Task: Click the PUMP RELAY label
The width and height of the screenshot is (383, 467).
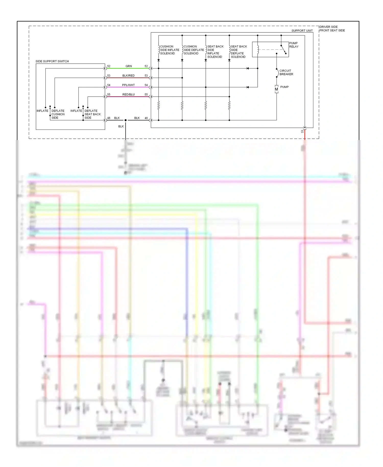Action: (294, 45)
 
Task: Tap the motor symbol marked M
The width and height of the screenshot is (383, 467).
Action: (276, 89)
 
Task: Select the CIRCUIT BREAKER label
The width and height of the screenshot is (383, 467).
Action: (286, 72)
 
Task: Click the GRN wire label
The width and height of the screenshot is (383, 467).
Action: (128, 66)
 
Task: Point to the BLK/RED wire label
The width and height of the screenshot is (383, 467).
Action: (128, 76)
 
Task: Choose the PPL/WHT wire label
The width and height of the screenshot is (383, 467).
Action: (128, 85)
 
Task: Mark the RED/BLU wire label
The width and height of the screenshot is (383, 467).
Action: (128, 95)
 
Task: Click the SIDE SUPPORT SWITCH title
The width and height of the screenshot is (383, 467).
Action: (52, 61)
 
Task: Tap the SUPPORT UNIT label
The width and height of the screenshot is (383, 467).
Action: (302, 31)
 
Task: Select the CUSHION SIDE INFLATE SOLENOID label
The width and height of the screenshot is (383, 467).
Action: (169, 50)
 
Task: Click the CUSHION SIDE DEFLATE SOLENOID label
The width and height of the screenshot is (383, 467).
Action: (194, 50)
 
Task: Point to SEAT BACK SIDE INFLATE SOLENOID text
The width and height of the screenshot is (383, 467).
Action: (215, 52)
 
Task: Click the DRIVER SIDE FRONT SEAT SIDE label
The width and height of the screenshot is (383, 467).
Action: (332, 29)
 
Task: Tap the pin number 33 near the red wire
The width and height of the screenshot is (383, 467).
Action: (302, 131)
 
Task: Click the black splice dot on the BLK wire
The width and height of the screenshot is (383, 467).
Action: (125, 120)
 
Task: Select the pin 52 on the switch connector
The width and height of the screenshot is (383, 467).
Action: (109, 66)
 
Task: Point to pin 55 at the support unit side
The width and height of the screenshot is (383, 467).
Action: (146, 95)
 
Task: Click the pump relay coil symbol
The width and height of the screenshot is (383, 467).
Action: (258, 50)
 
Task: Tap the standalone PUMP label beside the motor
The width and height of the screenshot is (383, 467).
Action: (284, 87)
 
